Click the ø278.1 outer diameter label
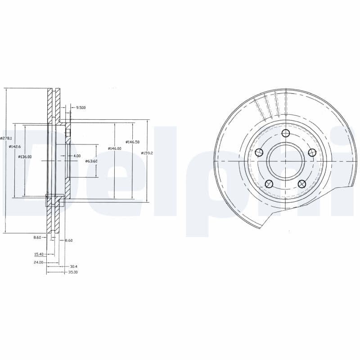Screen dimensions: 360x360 (x=6, y=139)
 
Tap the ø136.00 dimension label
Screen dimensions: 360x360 (x=25, y=157)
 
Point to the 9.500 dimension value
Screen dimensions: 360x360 (x=81, y=108)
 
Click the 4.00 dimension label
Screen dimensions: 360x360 (x=77, y=156)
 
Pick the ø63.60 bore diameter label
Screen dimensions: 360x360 (x=91, y=161)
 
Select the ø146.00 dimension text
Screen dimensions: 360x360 (x=115, y=148)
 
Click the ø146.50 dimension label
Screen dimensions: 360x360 (x=133, y=142)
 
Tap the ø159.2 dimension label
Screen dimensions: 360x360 (x=148, y=153)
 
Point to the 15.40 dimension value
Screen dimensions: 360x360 (x=39, y=254)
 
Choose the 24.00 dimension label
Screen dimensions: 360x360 (x=38, y=262)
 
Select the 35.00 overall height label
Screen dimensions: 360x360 (x=73, y=272)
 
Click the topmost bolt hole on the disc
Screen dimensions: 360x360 (x=285, y=133)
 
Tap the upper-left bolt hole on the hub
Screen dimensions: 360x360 (x=259, y=153)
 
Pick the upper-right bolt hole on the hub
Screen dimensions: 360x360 (x=311, y=153)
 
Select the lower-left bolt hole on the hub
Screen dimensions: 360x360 (x=269, y=183)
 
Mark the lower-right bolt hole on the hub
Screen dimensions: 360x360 (x=301, y=183)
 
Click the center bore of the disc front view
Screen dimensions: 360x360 (x=285, y=161)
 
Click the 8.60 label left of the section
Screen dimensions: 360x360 (x=37, y=237)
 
